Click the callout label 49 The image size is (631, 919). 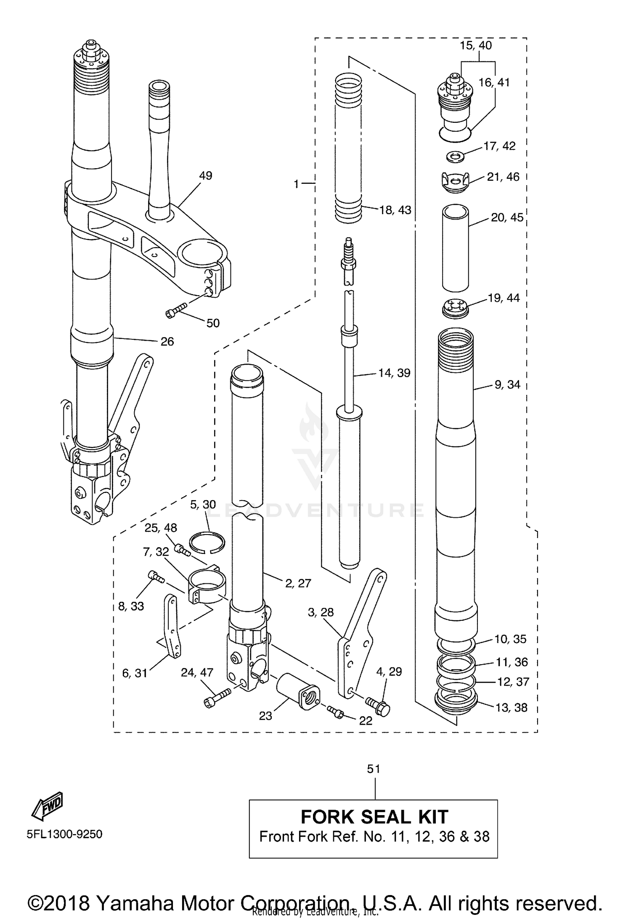pos(205,175)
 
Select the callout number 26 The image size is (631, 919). pos(167,342)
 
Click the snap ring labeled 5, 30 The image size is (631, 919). pos(206,543)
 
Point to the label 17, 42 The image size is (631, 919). pos(499,146)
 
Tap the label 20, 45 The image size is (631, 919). pos(507,217)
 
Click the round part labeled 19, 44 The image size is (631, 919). pos(456,308)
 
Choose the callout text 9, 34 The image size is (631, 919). pos(507,384)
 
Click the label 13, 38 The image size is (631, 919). pos(511,708)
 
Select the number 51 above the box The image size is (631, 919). pos(374,769)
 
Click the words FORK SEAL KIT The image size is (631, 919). pos(374,817)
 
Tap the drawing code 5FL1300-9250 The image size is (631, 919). pos(64,834)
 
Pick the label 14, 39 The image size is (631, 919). pos(394,373)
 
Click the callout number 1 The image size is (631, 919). pos(297,184)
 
